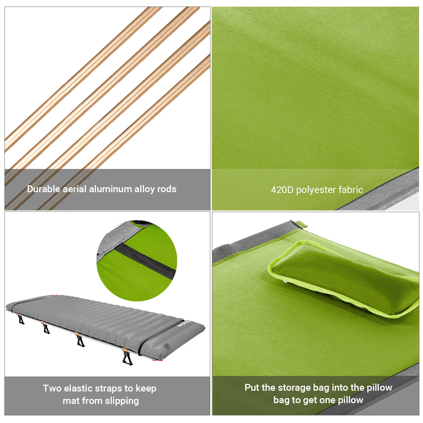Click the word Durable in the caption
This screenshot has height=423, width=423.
point(44,189)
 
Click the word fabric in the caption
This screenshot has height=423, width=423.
point(351,190)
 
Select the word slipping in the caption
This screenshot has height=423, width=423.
point(122,401)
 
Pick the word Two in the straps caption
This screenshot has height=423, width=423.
point(52,388)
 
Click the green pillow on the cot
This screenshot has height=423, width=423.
point(344,280)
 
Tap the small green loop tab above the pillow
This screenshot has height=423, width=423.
point(301,225)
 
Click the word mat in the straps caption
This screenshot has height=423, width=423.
point(71,401)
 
